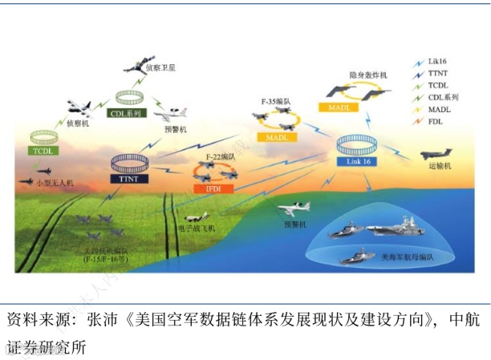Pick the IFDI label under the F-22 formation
coord(213,187)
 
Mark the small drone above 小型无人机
coord(43,170)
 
